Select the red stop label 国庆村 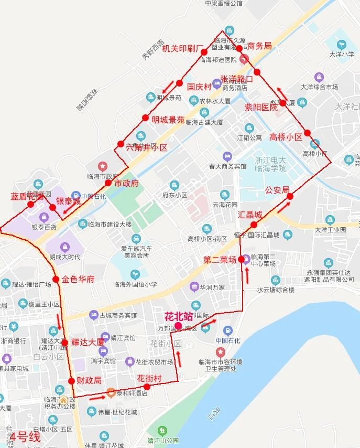[x=199, y=87]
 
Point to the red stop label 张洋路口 [x=236, y=79]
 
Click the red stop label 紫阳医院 [x=261, y=107]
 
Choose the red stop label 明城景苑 [x=168, y=120]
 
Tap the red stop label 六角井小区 [x=147, y=148]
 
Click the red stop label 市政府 [x=126, y=184]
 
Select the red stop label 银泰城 [x=69, y=201]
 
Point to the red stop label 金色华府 [x=78, y=279]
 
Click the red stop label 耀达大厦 [x=88, y=343]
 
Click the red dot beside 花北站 [x=179, y=326]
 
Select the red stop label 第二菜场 [x=220, y=260]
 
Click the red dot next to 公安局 [x=290, y=196]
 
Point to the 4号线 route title [x=25, y=436]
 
